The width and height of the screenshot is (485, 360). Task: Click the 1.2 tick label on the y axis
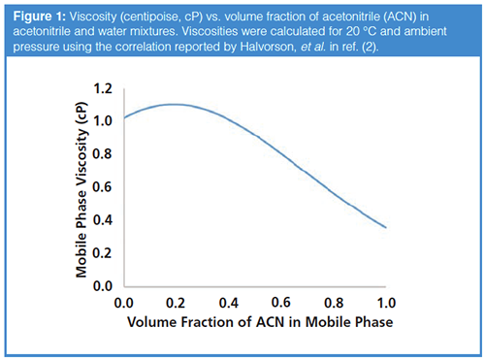tap(103, 88)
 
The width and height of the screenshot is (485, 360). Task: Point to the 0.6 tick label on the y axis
tap(103, 187)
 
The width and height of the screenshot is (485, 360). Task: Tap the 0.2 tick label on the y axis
tap(103, 253)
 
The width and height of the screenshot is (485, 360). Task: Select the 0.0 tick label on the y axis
tap(103, 286)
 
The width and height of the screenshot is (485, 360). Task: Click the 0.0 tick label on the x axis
tap(124, 303)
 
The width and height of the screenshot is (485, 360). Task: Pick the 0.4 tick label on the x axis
tap(229, 303)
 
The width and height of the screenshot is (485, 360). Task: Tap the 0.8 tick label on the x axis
tap(334, 303)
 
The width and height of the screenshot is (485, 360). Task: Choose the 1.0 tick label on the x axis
tap(386, 303)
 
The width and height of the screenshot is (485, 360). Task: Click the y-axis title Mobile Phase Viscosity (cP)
tap(81, 190)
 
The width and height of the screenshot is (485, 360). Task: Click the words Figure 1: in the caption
tap(40, 16)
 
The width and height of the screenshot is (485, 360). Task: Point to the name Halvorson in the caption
tap(267, 47)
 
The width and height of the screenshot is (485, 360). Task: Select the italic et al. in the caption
tap(313, 47)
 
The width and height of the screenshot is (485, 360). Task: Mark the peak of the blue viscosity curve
tap(174, 104)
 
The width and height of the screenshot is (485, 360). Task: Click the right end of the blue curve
tap(386, 227)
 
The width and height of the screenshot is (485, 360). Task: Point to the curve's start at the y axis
tap(124, 117)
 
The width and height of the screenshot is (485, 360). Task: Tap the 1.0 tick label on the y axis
tap(103, 121)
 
